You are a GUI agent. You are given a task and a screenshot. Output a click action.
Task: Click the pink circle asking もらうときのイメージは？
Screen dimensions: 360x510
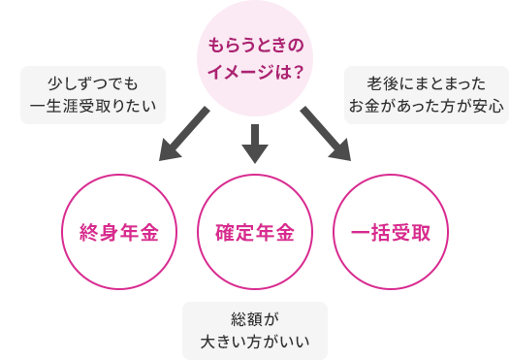point(255,58)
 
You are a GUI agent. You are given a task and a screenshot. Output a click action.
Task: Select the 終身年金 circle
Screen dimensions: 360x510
point(117,233)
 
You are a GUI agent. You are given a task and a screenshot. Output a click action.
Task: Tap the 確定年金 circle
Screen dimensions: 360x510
point(255,233)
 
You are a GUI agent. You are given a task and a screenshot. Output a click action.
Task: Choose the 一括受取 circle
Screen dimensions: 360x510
point(392,233)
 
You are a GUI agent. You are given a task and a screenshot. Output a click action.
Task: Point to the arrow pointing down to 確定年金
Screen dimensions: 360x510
point(255,142)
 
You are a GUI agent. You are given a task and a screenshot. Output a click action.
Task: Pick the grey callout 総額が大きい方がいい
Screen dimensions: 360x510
point(255,330)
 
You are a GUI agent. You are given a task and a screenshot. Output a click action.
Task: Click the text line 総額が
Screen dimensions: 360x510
point(255,319)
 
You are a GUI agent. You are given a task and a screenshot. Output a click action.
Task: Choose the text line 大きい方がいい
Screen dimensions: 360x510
point(255,341)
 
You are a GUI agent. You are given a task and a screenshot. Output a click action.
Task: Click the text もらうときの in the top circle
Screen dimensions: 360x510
point(255,46)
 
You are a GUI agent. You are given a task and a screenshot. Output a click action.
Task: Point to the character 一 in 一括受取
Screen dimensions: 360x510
point(360,234)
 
